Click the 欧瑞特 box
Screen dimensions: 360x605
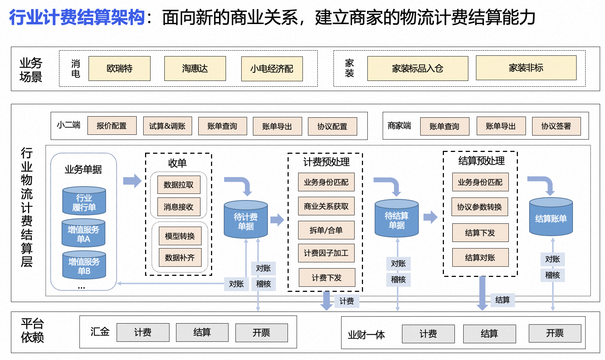click(120, 69)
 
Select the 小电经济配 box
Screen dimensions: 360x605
click(272, 69)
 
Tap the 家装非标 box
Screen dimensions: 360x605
click(526, 68)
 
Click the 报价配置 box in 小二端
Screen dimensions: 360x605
click(112, 126)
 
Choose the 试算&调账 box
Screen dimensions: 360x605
click(167, 126)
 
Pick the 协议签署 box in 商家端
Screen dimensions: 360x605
click(556, 126)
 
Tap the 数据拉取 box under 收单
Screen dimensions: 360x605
click(179, 185)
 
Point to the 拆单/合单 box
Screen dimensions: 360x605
click(326, 230)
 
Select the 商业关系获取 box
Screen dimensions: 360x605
click(326, 206)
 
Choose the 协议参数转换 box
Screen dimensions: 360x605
click(480, 207)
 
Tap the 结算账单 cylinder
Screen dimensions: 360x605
click(551, 218)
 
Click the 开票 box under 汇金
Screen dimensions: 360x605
click(261, 333)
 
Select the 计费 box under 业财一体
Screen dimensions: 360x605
click(428, 334)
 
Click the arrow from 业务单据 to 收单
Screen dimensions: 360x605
click(132, 181)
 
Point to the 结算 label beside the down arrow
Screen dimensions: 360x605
click(503, 300)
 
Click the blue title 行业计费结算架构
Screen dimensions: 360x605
click(77, 17)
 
